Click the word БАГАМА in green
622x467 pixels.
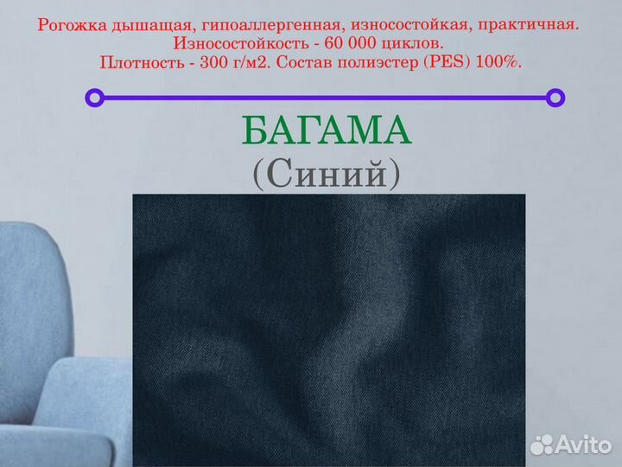pyautogui.click(x=326, y=131)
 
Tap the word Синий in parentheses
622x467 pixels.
pyautogui.click(x=327, y=175)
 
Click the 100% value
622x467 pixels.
pyautogui.click(x=502, y=62)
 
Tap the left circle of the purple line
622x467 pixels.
pyautogui.click(x=94, y=98)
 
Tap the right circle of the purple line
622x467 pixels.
pyautogui.click(x=556, y=98)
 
